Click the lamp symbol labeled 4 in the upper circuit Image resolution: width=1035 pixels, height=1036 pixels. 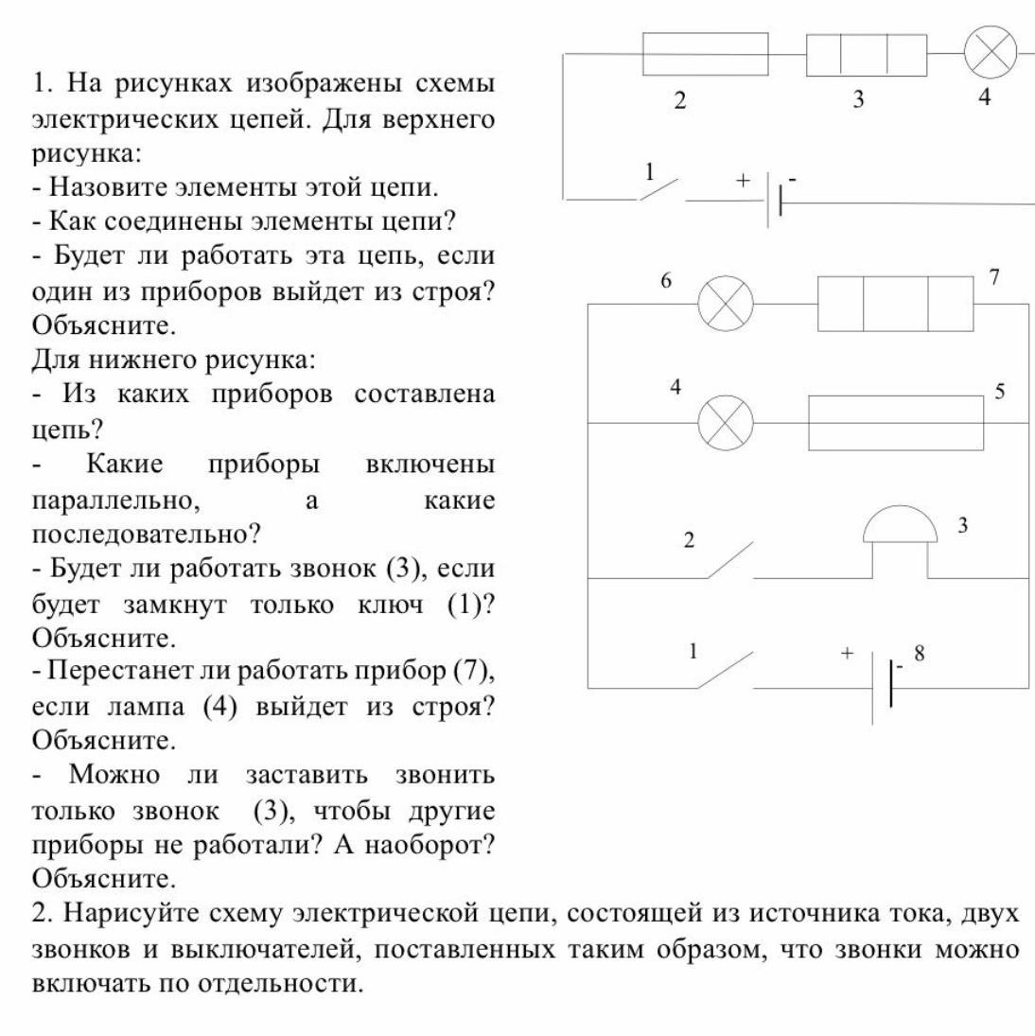990,53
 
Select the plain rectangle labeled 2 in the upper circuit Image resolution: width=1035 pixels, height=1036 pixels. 705,54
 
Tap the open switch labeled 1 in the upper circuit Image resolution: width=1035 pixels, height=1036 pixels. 658,188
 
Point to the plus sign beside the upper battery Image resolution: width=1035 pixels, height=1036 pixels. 743,179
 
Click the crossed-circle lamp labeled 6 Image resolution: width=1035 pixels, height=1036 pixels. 726,305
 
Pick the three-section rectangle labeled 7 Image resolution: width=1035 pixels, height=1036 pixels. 895,304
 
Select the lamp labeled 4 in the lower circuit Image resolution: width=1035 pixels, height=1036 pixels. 726,422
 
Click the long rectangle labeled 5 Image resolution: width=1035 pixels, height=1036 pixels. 895,422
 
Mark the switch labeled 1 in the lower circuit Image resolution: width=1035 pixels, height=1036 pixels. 727,670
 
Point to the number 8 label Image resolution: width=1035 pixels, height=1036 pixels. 918,654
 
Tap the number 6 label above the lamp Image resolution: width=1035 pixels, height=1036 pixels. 666,281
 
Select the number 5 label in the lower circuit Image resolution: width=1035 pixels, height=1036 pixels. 999,391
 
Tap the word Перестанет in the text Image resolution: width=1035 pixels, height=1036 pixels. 113,672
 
